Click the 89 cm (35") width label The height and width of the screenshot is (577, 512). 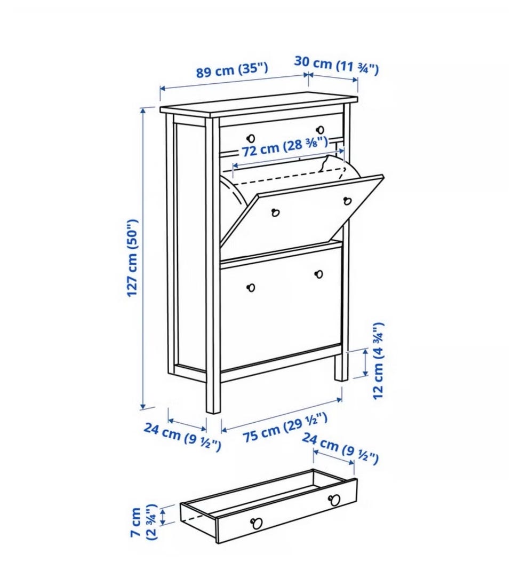pos(231,69)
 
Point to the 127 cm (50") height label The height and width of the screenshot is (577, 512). pos(132,258)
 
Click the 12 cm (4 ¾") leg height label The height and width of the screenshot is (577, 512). pos(378,361)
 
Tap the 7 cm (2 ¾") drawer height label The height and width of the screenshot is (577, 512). pos(145,522)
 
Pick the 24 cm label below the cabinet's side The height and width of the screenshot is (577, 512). pos(182,437)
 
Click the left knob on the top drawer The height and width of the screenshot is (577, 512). pos(251,138)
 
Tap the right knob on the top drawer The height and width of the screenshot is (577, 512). pos(321,130)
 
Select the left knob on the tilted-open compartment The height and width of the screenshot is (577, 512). pos(276,212)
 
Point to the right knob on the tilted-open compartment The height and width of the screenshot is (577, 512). pos(347,201)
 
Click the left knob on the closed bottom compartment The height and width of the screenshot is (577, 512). pos(252,287)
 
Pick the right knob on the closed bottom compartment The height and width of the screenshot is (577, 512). pos(319,274)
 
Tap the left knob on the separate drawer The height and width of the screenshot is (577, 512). pos(257,523)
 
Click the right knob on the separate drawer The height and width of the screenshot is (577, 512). pos(334,501)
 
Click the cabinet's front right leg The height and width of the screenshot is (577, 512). pos(341,367)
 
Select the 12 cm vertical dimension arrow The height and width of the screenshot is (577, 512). pos(365,363)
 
